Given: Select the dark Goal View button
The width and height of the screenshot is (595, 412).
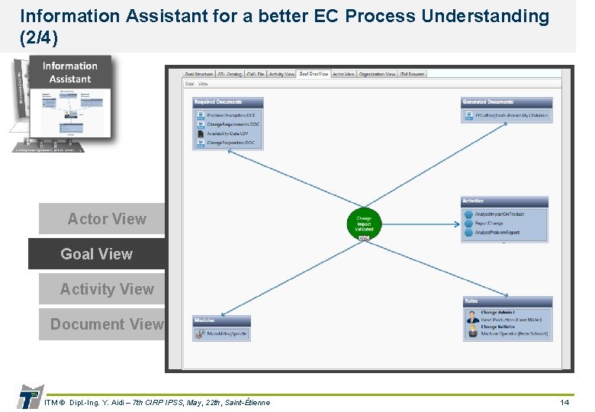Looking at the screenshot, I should (96, 254).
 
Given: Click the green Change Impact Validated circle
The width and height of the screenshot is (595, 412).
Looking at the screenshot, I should (364, 223).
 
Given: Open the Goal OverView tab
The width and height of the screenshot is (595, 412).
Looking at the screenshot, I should (314, 74).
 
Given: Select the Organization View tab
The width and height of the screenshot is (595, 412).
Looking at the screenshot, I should (377, 74).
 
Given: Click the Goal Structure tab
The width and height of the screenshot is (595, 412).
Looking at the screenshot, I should (198, 74).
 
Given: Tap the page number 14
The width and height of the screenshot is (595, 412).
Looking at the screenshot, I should (564, 402).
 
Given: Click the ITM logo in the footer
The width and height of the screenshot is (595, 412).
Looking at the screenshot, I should (29, 397).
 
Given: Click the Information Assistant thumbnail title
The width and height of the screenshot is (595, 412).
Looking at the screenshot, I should (70, 72).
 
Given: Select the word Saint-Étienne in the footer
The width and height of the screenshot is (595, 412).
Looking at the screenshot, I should (245, 402).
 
